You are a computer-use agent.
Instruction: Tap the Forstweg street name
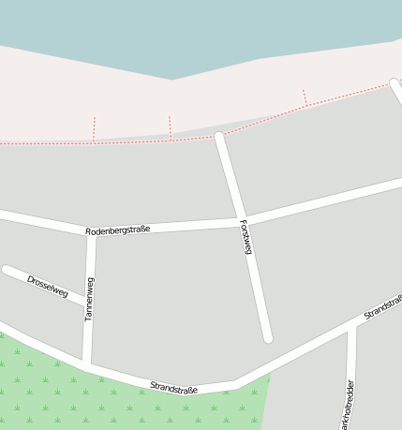coord(246,236)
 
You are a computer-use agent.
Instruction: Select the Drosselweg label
coord(48,286)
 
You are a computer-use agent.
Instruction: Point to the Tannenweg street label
coord(89,299)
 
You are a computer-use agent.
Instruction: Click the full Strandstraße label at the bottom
coord(174,386)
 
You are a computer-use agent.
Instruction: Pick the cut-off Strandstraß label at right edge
coord(382,307)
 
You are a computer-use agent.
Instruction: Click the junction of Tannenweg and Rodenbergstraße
coord(91,233)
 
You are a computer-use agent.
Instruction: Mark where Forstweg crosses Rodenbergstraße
coord(241,221)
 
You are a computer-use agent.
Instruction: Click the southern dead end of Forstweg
coord(267,336)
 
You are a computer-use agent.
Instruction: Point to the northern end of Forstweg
coord(219,138)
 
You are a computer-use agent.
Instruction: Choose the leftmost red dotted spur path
coord(94,129)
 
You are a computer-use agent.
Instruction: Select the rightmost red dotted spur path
coord(305,97)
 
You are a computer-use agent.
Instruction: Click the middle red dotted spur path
coord(170,127)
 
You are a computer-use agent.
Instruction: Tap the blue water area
coord(187,33)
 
